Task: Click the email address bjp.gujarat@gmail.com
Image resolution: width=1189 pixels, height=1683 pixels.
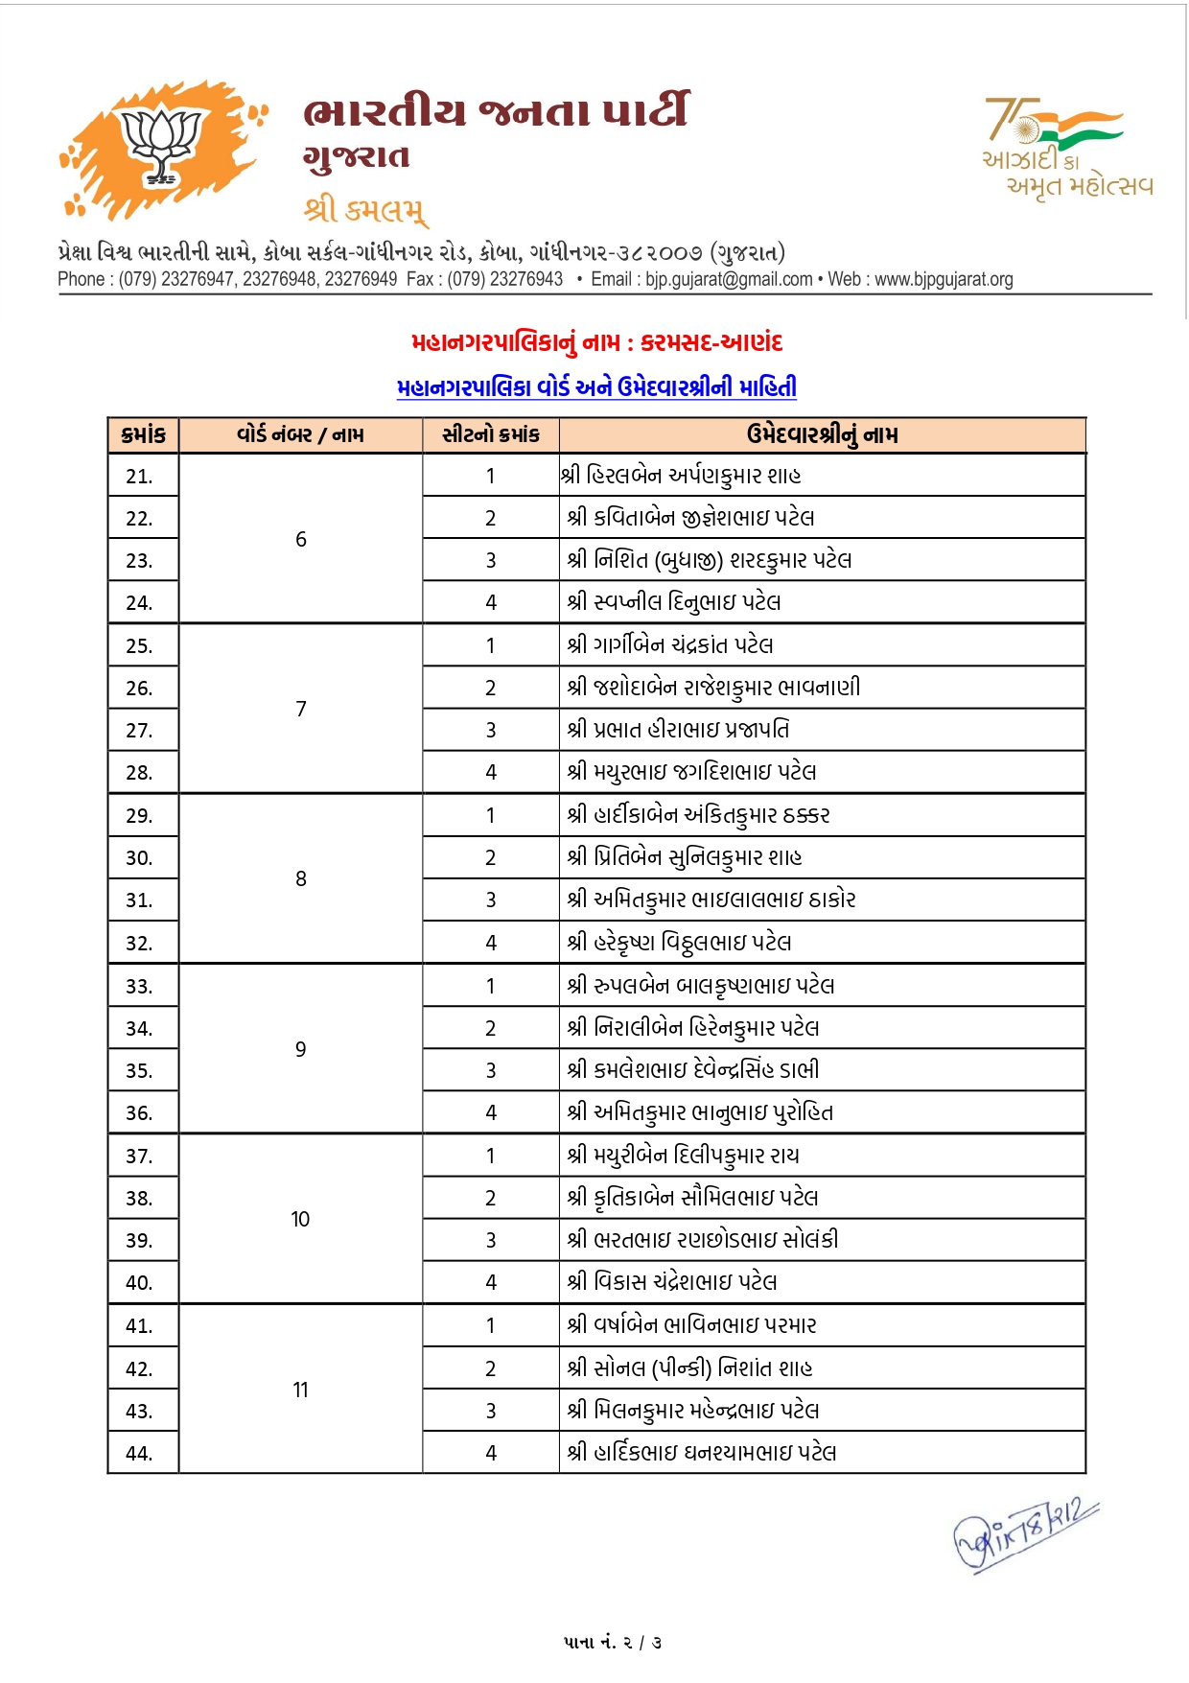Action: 729,279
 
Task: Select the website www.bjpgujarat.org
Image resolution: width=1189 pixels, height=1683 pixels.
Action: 944,279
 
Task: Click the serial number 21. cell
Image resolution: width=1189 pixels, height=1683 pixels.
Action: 140,476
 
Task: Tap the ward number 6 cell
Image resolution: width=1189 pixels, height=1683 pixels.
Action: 300,539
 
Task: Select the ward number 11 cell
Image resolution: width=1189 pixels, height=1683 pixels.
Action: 300,1390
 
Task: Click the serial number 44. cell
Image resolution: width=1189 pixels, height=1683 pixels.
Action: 140,1453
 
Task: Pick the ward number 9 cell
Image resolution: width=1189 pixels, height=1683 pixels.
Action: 300,1049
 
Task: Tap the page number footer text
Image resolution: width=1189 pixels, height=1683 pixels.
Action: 613,1643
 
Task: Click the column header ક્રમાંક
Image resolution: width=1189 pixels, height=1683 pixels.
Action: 143,435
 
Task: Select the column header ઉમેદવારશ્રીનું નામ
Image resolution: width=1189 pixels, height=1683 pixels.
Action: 822,435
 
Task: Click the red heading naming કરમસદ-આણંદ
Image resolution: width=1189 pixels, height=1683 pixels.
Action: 596,342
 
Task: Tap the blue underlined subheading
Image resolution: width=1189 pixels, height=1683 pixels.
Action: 596,387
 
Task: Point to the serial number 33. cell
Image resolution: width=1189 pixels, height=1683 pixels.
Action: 140,986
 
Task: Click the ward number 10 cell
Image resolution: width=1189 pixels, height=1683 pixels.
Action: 300,1219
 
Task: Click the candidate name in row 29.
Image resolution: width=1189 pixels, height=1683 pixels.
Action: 698,815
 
